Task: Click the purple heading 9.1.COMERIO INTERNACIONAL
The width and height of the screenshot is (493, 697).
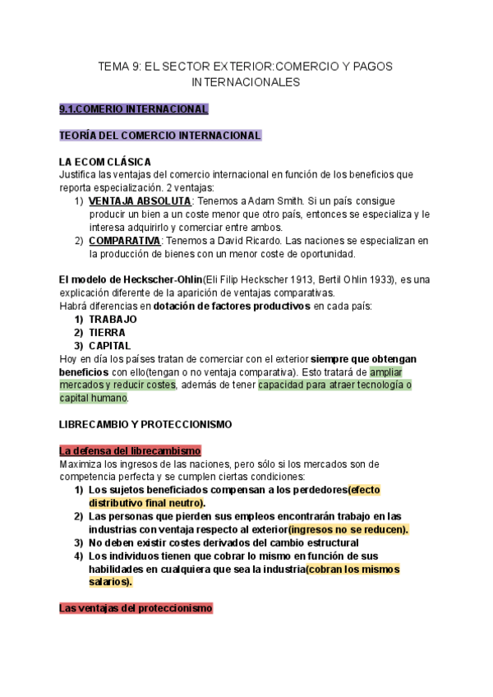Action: (134, 108)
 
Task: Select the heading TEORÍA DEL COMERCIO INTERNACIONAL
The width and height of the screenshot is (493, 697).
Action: (160, 135)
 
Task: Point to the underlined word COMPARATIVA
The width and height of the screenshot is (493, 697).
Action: (124, 241)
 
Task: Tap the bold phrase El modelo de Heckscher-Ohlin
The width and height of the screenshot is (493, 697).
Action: (131, 279)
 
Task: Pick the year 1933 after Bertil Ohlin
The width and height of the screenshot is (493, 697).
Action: (380, 279)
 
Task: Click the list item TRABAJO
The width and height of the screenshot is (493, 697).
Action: (113, 319)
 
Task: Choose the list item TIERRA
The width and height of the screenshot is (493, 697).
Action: (109, 332)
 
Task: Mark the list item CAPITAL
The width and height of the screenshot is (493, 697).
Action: (110, 345)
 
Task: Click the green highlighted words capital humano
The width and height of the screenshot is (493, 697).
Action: (94, 398)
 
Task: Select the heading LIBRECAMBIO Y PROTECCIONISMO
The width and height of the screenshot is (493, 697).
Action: (145, 425)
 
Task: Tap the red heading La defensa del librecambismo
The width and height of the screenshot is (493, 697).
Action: (131, 451)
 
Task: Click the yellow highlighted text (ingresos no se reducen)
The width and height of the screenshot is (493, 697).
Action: (348, 529)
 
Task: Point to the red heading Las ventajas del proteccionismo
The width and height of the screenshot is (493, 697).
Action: (136, 608)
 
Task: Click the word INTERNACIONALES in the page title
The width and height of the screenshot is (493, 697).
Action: (246, 82)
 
